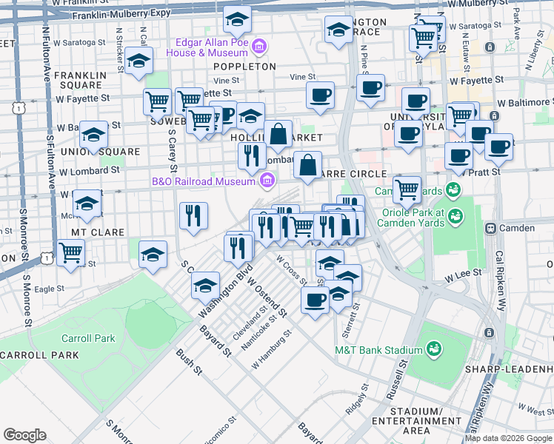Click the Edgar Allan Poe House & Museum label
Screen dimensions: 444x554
210,47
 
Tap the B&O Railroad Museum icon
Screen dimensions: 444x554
267,180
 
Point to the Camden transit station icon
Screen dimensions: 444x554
490,228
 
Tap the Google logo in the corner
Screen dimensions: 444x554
24,435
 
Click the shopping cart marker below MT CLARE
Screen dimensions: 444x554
71,252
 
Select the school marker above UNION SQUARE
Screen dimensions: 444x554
93,135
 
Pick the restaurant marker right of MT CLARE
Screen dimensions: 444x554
193,215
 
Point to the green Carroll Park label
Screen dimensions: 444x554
89,338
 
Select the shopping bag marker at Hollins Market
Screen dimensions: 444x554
278,135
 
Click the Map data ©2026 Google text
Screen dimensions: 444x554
508,438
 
